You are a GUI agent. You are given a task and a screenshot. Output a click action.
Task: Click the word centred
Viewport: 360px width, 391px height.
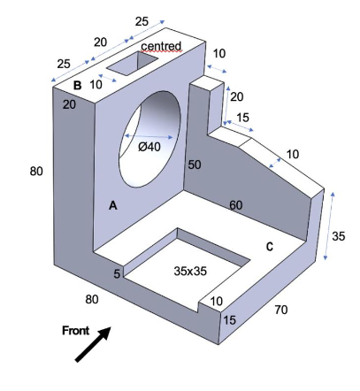pos(161,46)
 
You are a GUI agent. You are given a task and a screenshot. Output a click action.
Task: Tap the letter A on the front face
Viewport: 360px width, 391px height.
pos(113,205)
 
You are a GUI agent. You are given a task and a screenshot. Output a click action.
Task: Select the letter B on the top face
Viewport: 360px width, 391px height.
pos(77,86)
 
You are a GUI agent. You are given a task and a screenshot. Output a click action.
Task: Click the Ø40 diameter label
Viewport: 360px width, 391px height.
pos(149,147)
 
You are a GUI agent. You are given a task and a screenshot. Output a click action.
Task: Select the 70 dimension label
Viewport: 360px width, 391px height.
pos(281,310)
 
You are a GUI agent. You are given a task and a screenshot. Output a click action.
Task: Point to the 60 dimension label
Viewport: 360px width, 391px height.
pos(236,205)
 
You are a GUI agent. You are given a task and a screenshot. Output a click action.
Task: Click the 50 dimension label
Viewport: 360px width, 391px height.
pos(195,165)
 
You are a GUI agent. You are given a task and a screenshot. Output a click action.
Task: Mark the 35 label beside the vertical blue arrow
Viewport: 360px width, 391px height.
pos(338,236)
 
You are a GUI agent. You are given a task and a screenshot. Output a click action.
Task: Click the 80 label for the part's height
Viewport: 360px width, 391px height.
pos(36,171)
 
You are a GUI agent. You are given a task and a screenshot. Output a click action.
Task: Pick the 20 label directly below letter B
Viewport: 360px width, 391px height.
pos(70,103)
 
